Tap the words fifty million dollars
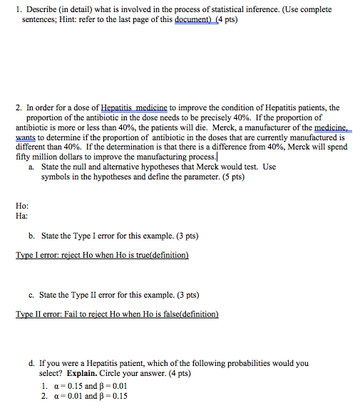coord(52,157)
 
